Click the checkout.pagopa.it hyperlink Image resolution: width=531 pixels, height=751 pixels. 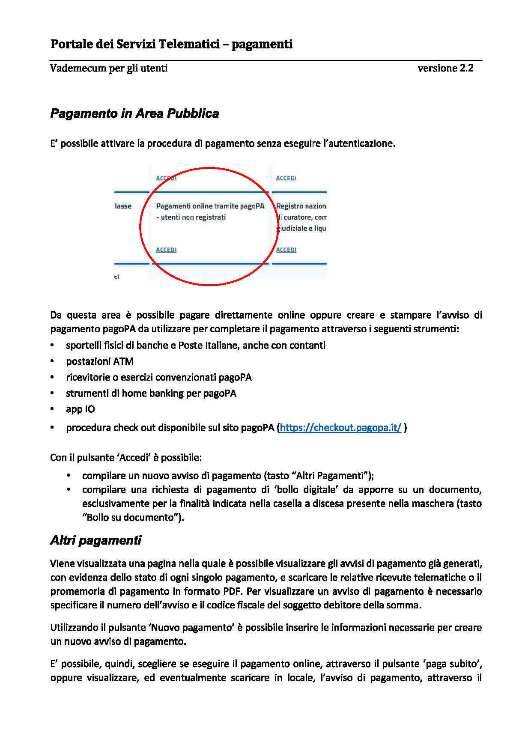click(340, 428)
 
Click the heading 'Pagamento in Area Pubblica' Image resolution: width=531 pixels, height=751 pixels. click(134, 113)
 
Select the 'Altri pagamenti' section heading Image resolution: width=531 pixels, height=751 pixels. click(95, 540)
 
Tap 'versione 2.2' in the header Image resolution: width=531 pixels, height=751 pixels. click(445, 68)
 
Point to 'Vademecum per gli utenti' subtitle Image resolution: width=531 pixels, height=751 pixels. click(109, 68)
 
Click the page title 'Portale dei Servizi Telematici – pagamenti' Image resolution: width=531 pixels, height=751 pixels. click(171, 44)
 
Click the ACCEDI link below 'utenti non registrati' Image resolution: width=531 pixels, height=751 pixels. click(166, 250)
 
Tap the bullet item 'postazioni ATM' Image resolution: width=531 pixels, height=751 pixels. click(100, 361)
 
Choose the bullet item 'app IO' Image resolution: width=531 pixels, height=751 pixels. click(81, 409)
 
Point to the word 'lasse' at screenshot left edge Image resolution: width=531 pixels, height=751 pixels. click(123, 206)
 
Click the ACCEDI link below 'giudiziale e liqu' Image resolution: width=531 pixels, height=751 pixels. click(286, 250)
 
